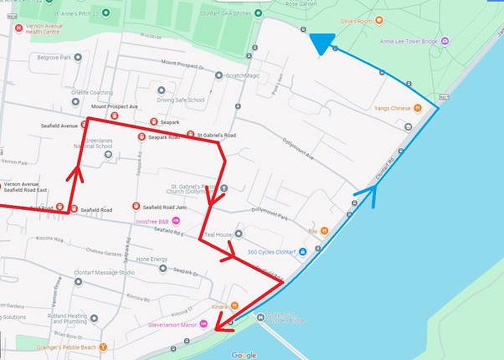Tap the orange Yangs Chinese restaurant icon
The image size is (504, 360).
(x=417, y=108)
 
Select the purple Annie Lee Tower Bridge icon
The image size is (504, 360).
(x=445, y=41)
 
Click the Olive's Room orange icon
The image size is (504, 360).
(x=379, y=21)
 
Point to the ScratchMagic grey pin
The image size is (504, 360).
(x=219, y=76)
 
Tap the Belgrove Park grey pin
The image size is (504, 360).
(x=78, y=57)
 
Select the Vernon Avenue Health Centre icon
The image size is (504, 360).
(x=19, y=28)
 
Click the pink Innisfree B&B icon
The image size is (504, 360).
(x=176, y=221)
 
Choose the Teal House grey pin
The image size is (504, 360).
(x=239, y=234)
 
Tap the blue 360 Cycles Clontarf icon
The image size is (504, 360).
(x=303, y=251)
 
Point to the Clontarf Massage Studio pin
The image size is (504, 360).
(x=78, y=281)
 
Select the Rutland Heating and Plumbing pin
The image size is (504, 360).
(x=94, y=318)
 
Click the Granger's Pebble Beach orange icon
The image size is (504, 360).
(x=103, y=347)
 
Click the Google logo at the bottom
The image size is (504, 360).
(x=244, y=355)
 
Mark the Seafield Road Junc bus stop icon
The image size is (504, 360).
(x=136, y=206)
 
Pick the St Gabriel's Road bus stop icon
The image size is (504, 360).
(x=190, y=135)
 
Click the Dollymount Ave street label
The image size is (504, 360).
(x=298, y=150)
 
